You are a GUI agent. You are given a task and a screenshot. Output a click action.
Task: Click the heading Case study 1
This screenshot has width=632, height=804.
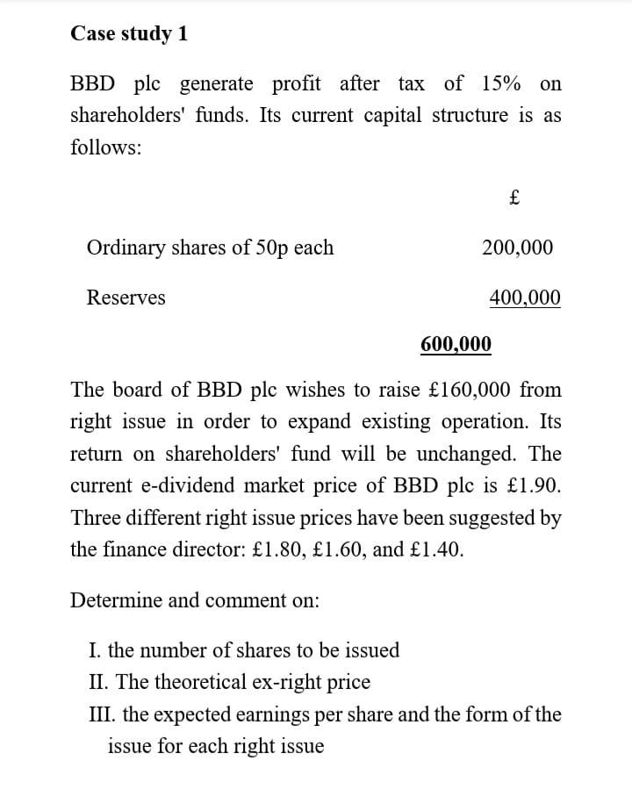(x=128, y=33)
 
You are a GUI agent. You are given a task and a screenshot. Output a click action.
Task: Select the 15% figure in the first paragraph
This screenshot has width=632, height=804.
(x=500, y=84)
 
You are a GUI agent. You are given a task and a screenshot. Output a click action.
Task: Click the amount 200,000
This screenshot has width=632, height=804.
(x=518, y=248)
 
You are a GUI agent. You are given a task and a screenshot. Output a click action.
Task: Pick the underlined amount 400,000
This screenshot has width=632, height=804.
(x=524, y=298)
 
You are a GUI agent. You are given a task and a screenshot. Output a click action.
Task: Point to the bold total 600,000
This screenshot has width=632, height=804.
(x=456, y=343)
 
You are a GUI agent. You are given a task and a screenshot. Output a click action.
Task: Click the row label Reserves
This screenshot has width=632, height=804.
(x=126, y=298)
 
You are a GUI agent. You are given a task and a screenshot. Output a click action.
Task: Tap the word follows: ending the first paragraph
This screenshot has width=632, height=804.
(x=105, y=148)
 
